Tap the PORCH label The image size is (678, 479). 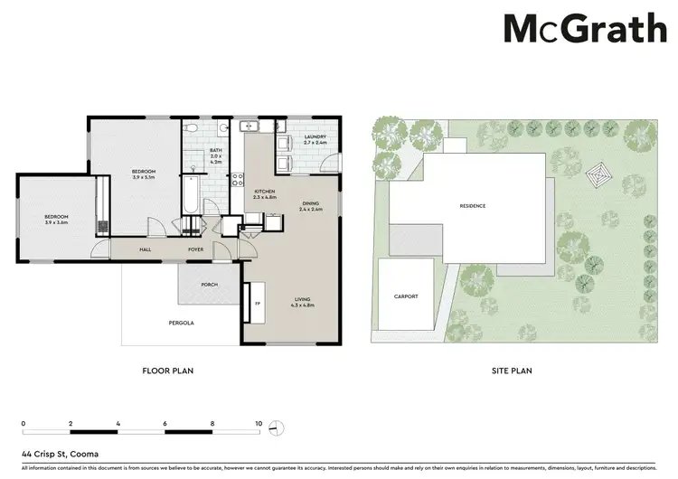[209, 285]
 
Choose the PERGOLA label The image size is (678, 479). [181, 323]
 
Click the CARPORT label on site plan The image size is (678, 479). [406, 296]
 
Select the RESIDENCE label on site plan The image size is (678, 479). [472, 206]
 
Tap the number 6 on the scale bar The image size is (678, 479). [165, 423]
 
